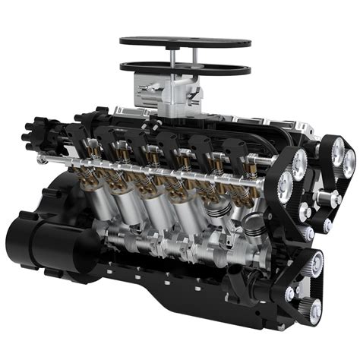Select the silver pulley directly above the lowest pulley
(314, 264)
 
